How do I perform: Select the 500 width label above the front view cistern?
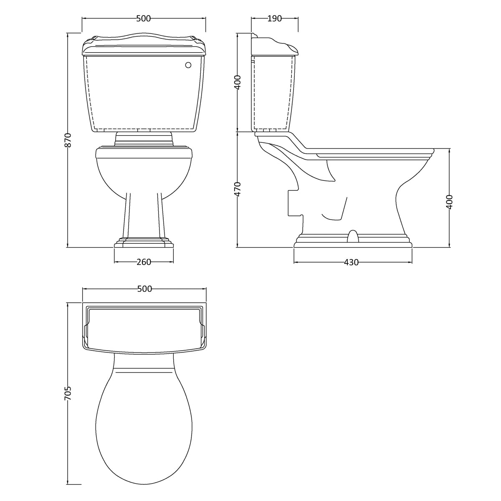[144, 18]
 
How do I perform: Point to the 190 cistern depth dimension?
[274, 18]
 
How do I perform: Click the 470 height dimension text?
[238, 189]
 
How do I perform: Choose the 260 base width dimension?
[144, 262]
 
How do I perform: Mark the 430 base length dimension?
[351, 263]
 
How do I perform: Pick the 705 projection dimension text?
[68, 394]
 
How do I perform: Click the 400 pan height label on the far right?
[450, 202]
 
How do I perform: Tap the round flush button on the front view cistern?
[188, 65]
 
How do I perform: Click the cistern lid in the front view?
[144, 45]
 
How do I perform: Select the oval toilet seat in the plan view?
[144, 417]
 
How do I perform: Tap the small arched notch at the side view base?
[353, 236]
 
